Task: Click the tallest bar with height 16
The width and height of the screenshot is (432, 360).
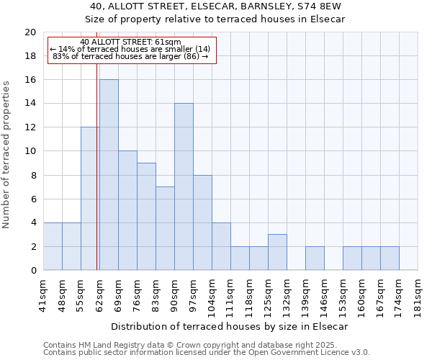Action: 109,175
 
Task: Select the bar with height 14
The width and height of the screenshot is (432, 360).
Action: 184,186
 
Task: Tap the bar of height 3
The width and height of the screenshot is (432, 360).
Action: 277,252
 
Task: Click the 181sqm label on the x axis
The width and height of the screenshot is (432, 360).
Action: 418,294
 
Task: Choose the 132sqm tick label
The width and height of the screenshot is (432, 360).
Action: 287,294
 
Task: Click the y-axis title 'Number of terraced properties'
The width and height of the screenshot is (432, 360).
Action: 6,155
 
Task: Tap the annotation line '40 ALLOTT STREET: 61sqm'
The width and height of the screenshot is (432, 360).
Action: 131,42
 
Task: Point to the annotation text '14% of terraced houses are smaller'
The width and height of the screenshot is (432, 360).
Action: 134,49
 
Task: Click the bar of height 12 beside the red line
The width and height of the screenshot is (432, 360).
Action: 90,199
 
